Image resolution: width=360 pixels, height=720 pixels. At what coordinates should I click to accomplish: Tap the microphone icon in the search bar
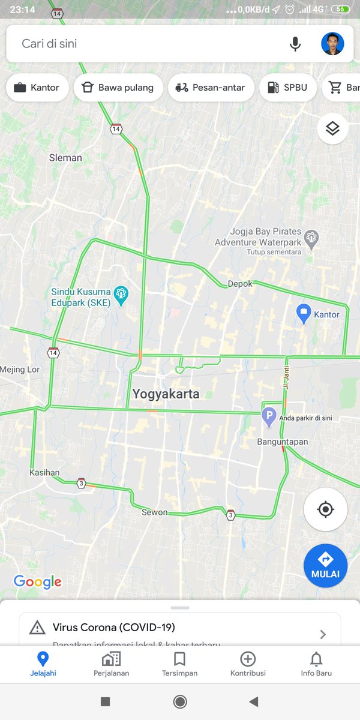tap(295, 44)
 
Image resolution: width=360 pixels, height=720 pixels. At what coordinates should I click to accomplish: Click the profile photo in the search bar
tap(332, 44)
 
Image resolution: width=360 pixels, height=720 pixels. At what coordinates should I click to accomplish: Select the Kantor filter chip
tap(37, 88)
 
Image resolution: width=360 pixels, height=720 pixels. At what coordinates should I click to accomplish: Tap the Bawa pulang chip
tap(118, 88)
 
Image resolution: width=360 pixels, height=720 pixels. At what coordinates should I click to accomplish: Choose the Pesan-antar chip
tap(211, 88)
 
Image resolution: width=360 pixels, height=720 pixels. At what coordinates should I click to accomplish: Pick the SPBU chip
tap(287, 88)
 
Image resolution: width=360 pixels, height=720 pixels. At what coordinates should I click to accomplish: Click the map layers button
tap(332, 128)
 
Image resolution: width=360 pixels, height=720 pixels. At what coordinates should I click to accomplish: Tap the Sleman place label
tap(65, 158)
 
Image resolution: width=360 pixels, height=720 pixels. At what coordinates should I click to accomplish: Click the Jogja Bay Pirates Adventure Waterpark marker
tap(311, 238)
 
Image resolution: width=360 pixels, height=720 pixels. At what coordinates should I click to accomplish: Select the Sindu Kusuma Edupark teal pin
tap(122, 294)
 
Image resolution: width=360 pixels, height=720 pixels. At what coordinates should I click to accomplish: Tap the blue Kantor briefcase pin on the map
tap(304, 313)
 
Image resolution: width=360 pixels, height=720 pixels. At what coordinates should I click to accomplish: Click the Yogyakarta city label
tap(166, 394)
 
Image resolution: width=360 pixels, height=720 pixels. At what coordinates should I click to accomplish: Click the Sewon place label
tap(154, 512)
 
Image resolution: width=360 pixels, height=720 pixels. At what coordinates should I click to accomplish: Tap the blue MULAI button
tap(325, 565)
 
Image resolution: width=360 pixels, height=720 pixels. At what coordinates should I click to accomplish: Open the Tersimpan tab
tap(179, 664)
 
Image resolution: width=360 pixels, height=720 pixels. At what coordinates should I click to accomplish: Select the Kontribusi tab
tap(248, 664)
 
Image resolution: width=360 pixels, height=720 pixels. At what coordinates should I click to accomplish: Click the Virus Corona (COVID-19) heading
tap(114, 628)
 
